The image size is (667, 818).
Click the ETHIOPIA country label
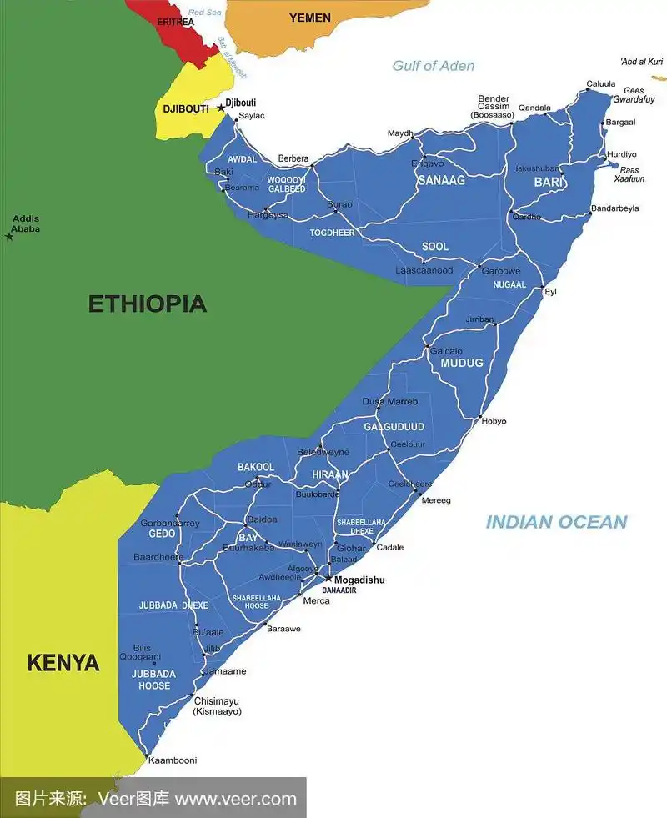coord(147,304)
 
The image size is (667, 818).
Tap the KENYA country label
coord(63,663)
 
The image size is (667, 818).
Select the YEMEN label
coord(309,18)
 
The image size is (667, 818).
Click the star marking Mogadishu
coord(328,578)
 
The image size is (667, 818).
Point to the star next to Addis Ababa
coord(9,237)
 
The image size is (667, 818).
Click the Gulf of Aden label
coord(433,66)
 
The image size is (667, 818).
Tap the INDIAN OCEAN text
coord(556,522)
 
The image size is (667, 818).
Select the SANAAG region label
coord(441,180)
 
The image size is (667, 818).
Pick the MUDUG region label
coord(461,363)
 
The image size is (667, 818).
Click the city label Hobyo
coord(494,421)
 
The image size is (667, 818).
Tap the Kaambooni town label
coord(173,760)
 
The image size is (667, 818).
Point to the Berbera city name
coord(293,158)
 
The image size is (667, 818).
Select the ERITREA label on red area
coord(175,22)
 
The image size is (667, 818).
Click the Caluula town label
coord(600,83)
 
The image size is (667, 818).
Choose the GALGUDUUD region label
coord(394,427)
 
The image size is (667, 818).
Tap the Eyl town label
coord(550,291)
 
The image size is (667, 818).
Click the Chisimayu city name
coord(216,700)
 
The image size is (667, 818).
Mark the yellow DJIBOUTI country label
coord(185,108)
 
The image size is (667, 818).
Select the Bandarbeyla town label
coord(614,208)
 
